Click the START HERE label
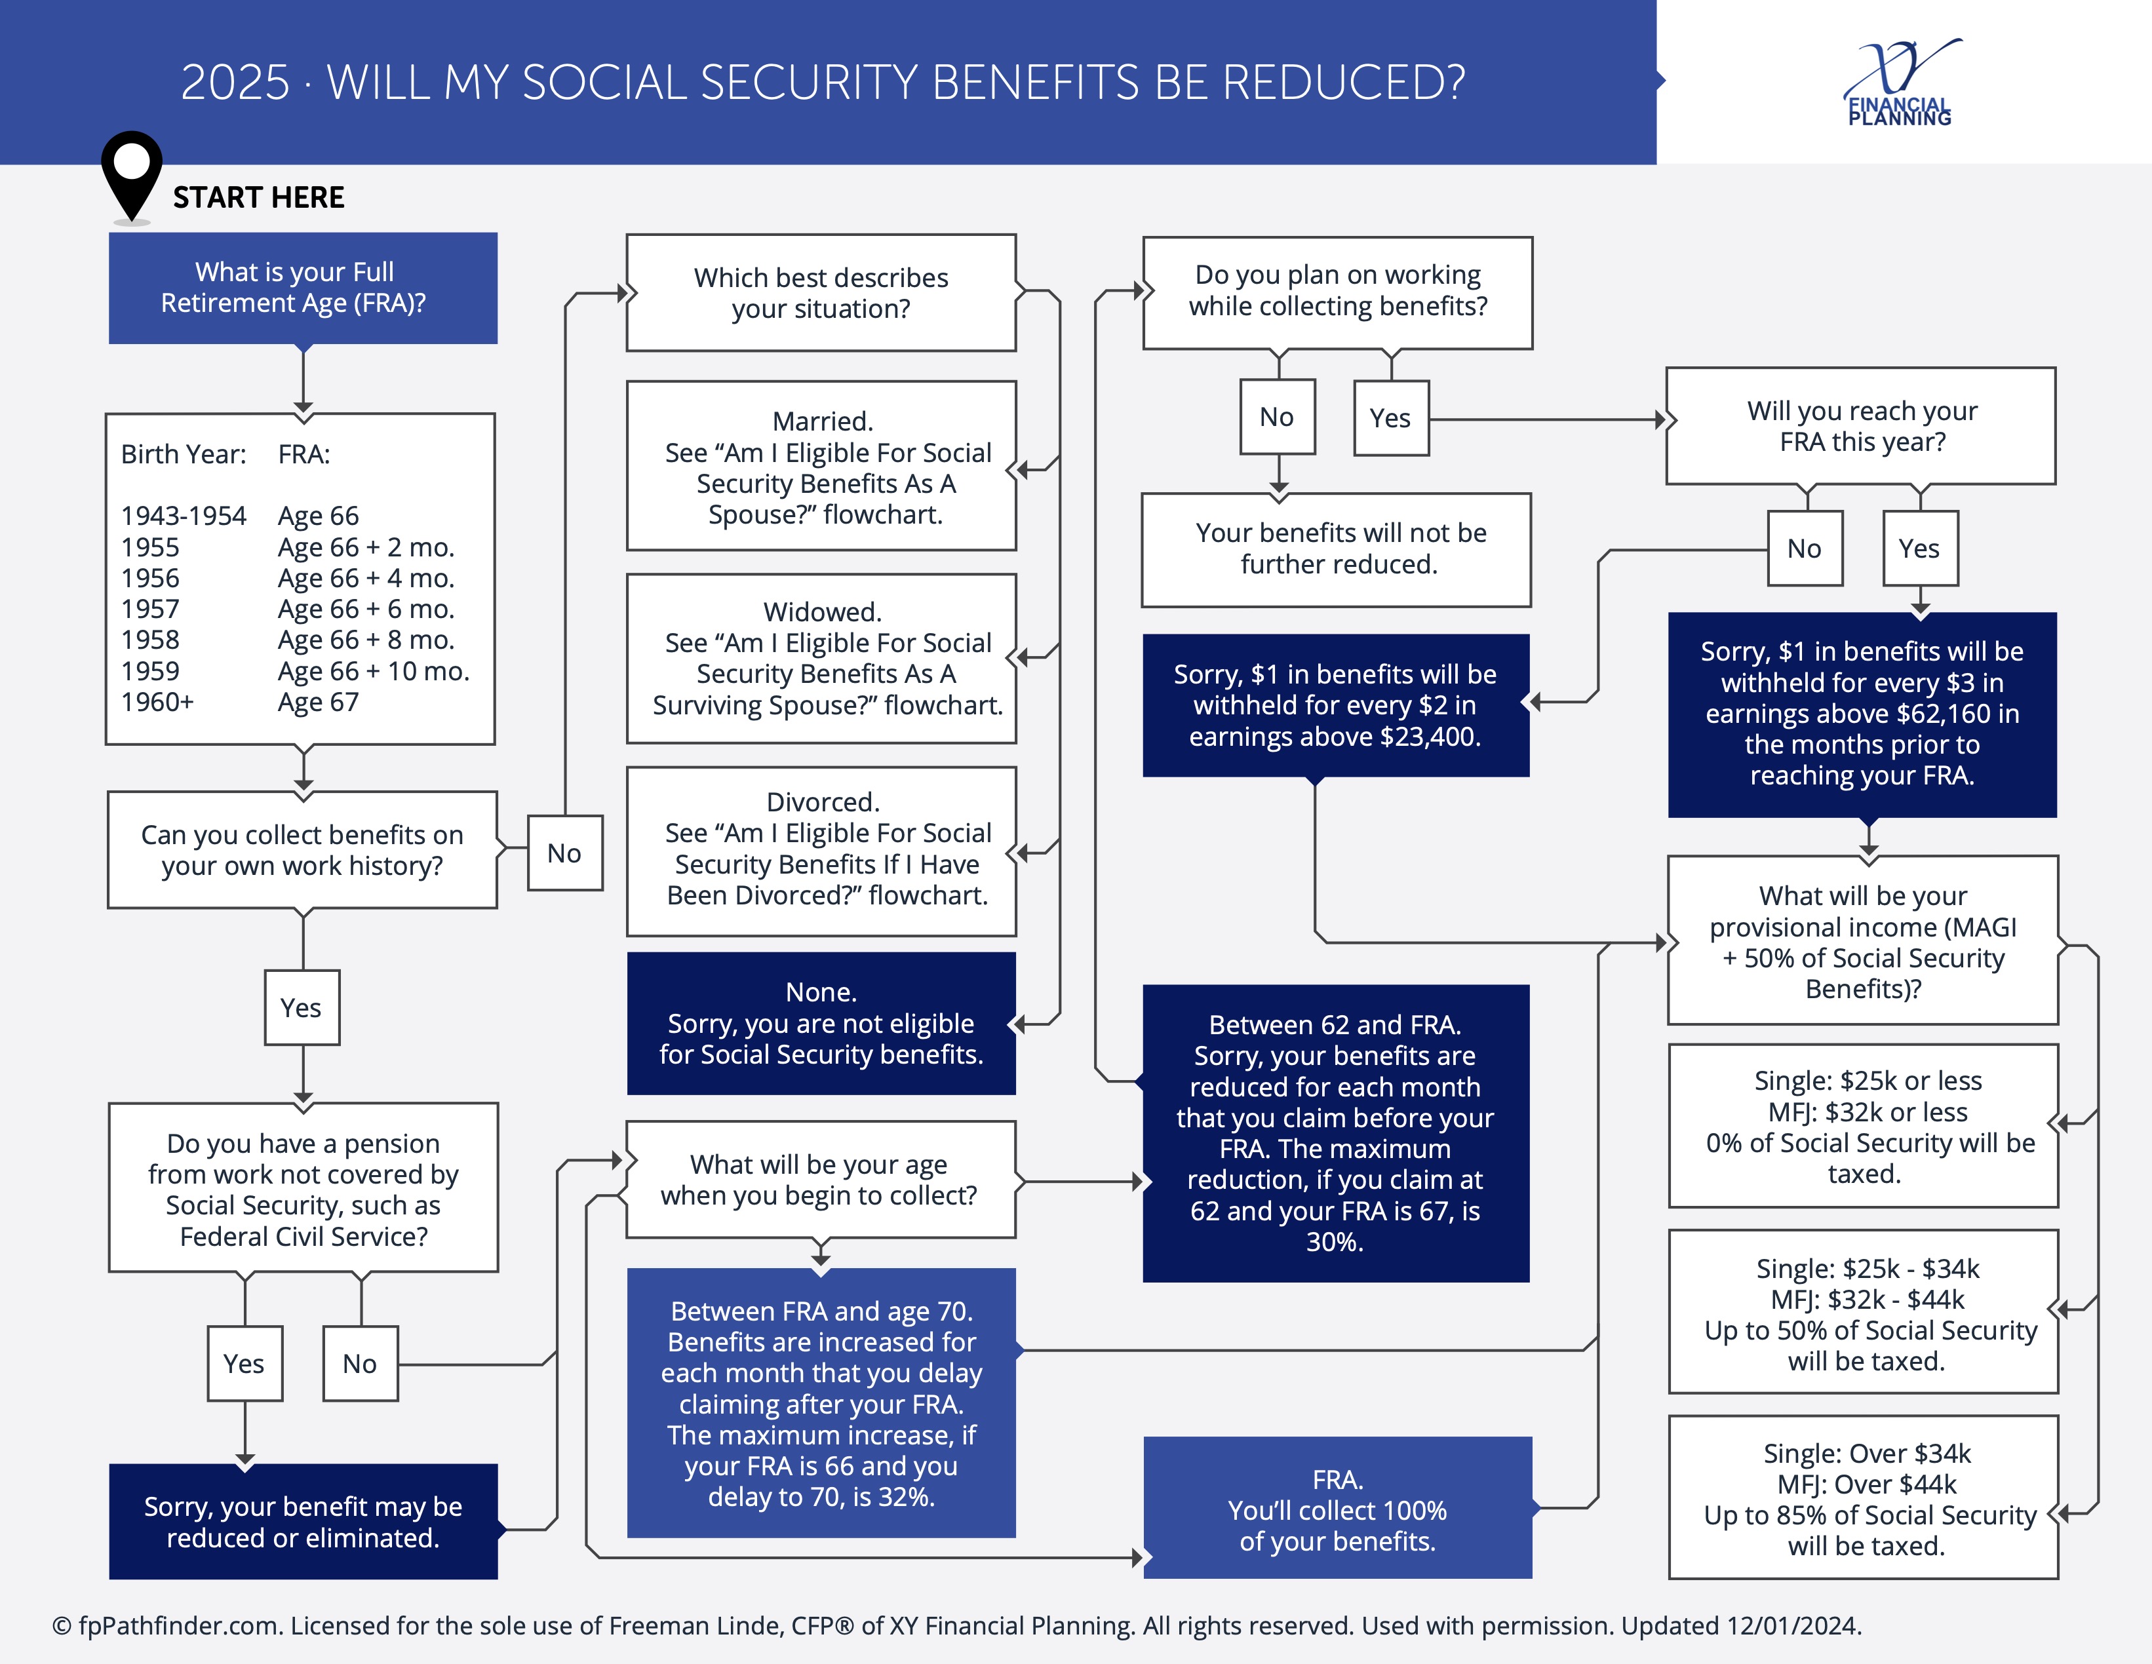pyautogui.click(x=258, y=197)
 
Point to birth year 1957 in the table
pyautogui.click(x=149, y=609)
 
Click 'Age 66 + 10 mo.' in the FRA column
pyautogui.click(x=374, y=671)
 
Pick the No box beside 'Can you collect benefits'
pyautogui.click(x=564, y=853)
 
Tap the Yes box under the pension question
pyautogui.click(x=245, y=1364)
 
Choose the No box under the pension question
pyautogui.click(x=361, y=1364)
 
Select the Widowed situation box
pyautogui.click(x=822, y=658)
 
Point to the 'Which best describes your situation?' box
pyautogui.click(x=822, y=292)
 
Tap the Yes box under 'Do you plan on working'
pyautogui.click(x=1392, y=417)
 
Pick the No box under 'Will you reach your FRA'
pyautogui.click(x=1805, y=549)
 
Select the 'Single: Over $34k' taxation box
pyautogui.click(x=1864, y=1498)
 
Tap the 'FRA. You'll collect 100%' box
pyautogui.click(x=1337, y=1507)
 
